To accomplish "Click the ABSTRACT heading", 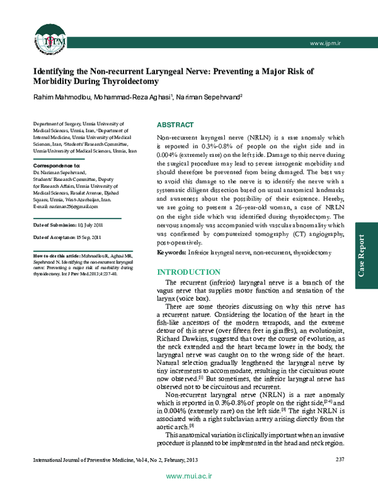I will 175,125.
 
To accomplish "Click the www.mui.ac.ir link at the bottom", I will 188,479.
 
